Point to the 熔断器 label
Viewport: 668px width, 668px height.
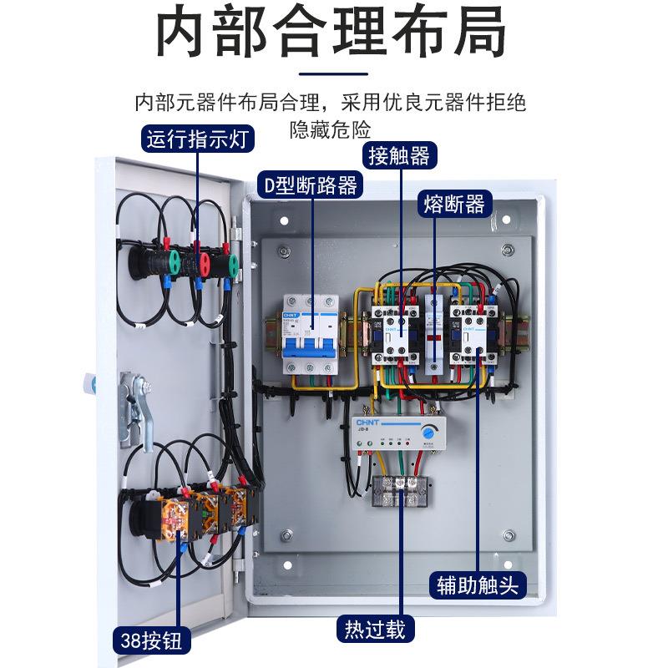454,203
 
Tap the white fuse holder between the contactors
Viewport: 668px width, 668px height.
432,329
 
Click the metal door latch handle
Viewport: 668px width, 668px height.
134,409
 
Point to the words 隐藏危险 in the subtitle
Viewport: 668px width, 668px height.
331,129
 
